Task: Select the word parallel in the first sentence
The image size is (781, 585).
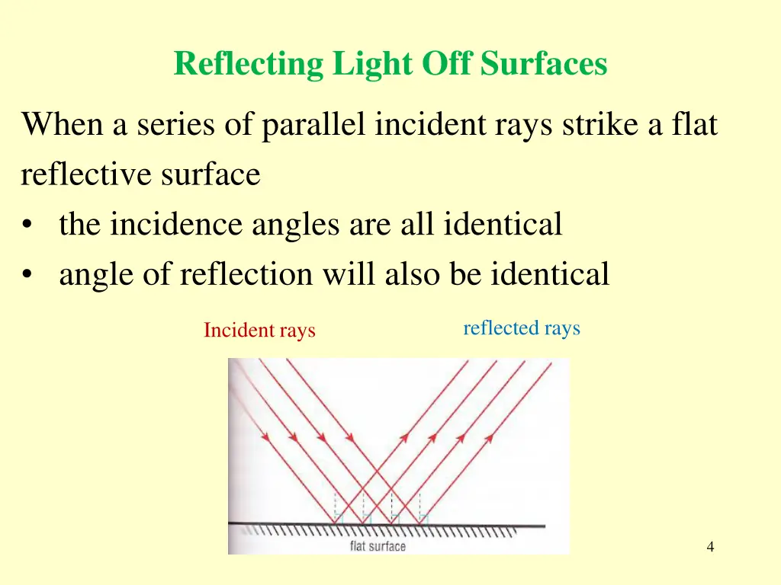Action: pyautogui.click(x=314, y=124)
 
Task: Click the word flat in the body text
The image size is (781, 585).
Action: pyautogui.click(x=695, y=124)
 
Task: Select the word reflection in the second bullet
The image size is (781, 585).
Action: pyautogui.click(x=246, y=274)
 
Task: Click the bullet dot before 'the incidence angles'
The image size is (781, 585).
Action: pyautogui.click(x=28, y=226)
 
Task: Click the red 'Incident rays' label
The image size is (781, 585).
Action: pyautogui.click(x=259, y=331)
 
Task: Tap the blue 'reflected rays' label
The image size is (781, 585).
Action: pyautogui.click(x=522, y=328)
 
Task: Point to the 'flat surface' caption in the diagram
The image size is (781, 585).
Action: pyautogui.click(x=378, y=546)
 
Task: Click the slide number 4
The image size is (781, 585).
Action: pyautogui.click(x=711, y=547)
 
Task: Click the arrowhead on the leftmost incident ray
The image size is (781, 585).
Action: pyautogui.click(x=265, y=437)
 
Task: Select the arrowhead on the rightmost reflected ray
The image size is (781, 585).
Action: pyautogui.click(x=488, y=437)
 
